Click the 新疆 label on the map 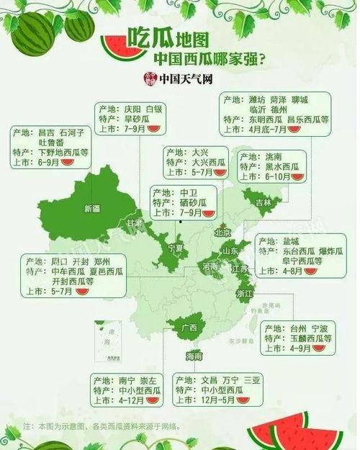92,209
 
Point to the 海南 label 194,356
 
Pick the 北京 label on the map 222,233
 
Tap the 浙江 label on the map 244,293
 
